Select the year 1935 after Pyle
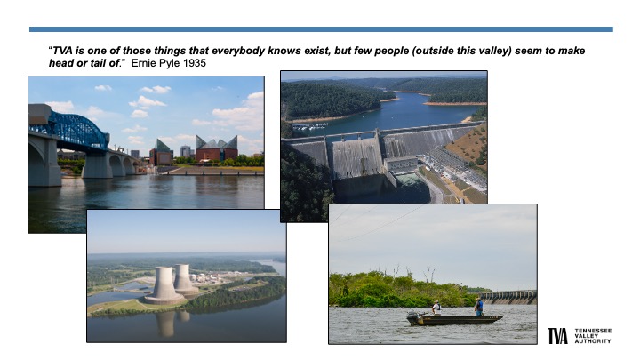tap(195, 63)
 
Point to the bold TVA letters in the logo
tap(557, 336)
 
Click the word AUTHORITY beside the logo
tap(593, 341)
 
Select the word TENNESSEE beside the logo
tap(593, 331)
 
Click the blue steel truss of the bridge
tap(74, 131)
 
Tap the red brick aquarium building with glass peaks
tap(216, 149)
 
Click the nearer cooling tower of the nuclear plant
tap(164, 285)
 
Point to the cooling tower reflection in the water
tap(166, 323)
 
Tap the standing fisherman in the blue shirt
tap(479, 307)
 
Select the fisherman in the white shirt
tap(436, 308)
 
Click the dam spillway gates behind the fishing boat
tap(508, 297)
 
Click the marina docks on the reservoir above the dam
tap(310, 126)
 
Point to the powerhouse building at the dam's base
tap(402, 165)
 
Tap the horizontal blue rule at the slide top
tap(321, 29)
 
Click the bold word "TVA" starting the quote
tap(63, 51)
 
